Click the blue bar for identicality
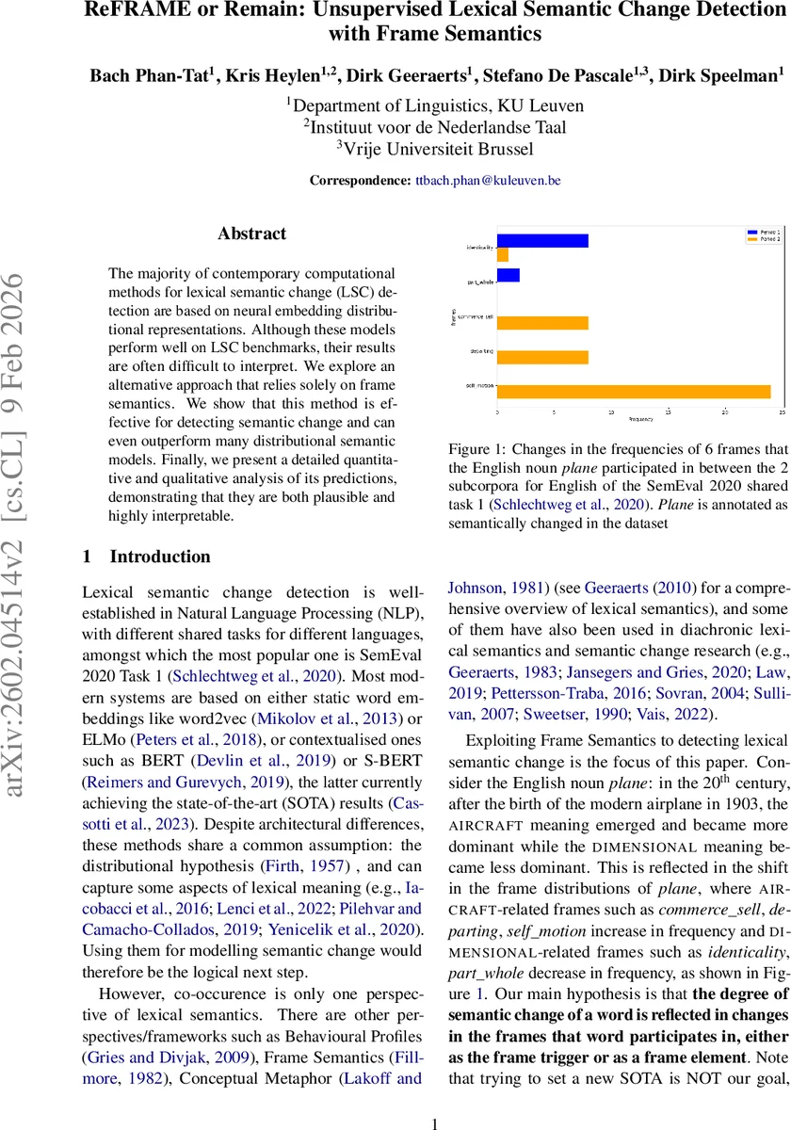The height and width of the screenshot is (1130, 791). (542, 241)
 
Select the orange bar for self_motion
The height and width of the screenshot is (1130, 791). (634, 391)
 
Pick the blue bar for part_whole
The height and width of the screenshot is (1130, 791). (508, 275)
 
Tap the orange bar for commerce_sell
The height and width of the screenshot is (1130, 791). (542, 323)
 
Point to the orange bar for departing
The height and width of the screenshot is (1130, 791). (542, 357)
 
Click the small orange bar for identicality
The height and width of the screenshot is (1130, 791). (503, 255)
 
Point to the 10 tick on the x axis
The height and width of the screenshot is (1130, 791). (611, 412)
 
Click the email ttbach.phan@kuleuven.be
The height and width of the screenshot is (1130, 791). (487, 181)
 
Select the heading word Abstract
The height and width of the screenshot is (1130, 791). (252, 233)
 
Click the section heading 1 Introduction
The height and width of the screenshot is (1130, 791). (147, 557)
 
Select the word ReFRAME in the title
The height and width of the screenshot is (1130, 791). (147, 12)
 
